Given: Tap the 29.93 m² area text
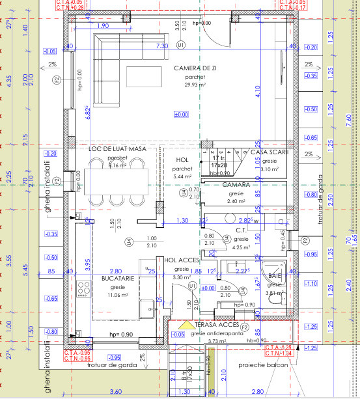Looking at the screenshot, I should [x=195, y=84].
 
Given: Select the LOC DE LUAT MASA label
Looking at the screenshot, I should [x=117, y=149].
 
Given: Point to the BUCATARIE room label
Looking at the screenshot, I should [x=118, y=278].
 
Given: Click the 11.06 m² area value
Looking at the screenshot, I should [x=118, y=295].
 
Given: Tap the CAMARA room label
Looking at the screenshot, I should [x=236, y=185].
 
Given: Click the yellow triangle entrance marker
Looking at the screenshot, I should [x=186, y=325].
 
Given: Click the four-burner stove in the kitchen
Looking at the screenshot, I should [x=83, y=286].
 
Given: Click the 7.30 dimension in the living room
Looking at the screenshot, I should [x=161, y=47].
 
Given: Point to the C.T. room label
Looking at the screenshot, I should [x=240, y=230].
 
